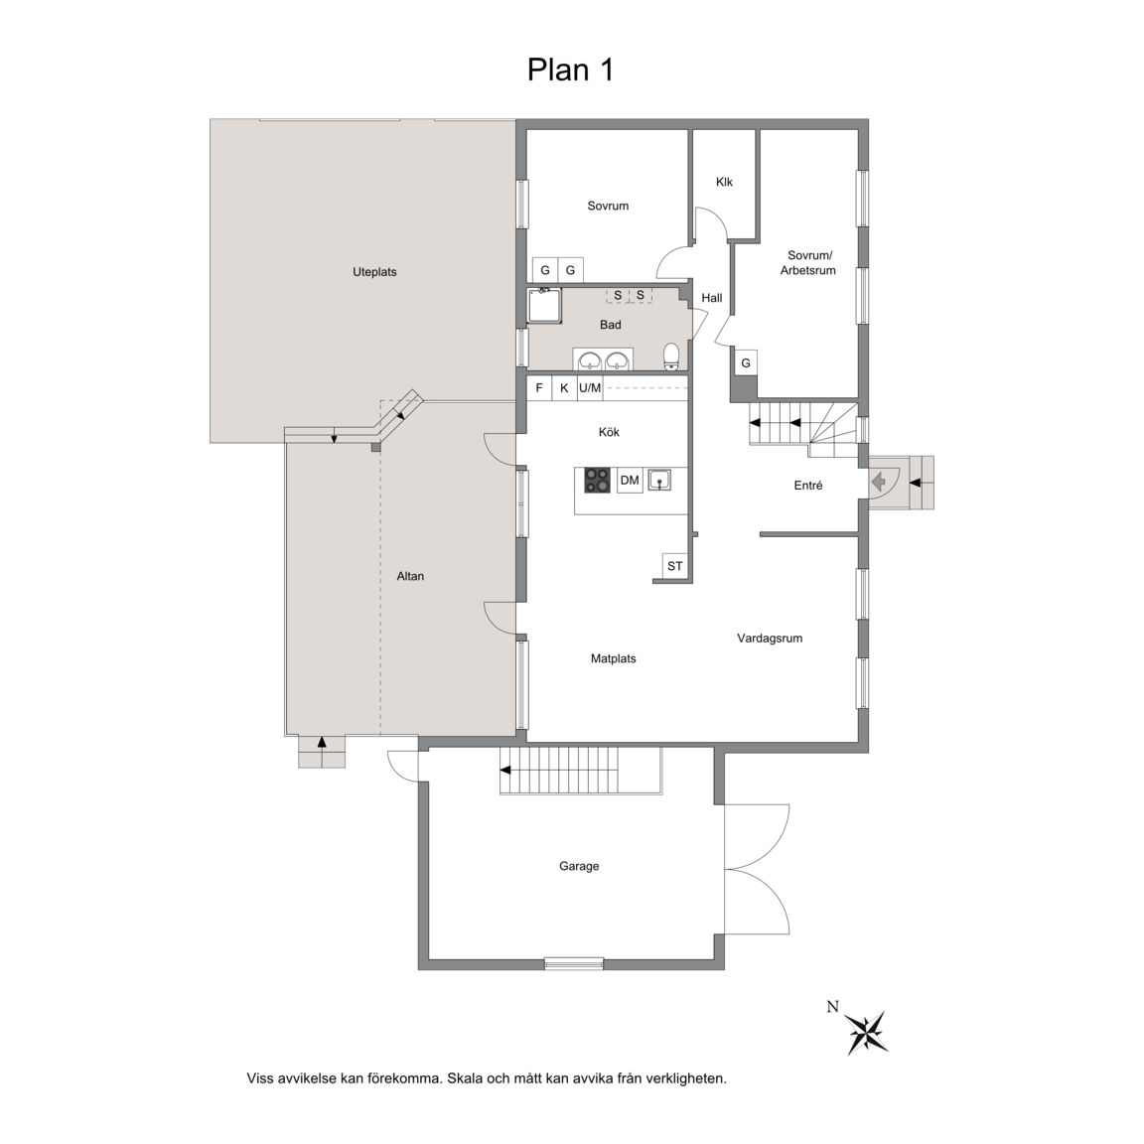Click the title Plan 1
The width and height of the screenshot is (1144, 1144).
[x=571, y=71]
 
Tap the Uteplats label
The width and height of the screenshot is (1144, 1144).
[x=374, y=272]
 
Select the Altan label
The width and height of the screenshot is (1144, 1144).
[x=410, y=576]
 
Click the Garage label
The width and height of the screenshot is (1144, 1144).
[x=579, y=866]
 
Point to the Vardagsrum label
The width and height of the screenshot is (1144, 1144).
[x=770, y=639]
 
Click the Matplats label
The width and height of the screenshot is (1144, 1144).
[x=614, y=658]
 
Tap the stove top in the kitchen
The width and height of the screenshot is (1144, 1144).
[x=598, y=481]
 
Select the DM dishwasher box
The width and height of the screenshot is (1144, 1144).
[x=630, y=481]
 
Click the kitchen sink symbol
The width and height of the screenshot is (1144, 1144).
[x=658, y=480]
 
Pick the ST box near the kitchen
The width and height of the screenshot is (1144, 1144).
[x=675, y=566]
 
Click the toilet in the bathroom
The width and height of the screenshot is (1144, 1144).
[x=672, y=357]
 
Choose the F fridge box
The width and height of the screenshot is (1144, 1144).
[x=539, y=388]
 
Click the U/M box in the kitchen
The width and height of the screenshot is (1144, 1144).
[x=590, y=388]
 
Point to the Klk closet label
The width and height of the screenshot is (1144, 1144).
[x=725, y=183]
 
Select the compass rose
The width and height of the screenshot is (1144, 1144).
[x=868, y=1033]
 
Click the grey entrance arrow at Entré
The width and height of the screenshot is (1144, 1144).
[x=879, y=482]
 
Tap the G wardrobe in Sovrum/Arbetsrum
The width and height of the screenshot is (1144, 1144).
[x=746, y=363]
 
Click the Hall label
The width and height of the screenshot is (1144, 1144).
[x=712, y=298]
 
